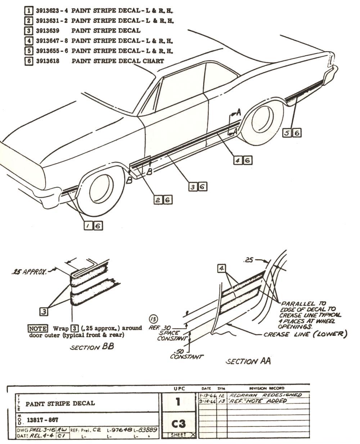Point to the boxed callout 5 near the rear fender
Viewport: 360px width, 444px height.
coord(287,133)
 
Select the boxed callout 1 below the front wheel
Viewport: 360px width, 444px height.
coord(88,226)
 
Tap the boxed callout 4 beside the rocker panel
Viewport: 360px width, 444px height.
coord(237,160)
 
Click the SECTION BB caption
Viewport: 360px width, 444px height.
coord(91,347)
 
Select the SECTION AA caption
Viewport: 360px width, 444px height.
coord(248,361)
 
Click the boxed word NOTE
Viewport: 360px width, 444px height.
coord(38,329)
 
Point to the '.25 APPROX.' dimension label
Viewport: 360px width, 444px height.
coord(28,272)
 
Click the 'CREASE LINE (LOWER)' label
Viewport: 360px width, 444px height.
coord(305,335)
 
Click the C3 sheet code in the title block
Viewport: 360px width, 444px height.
coord(177,423)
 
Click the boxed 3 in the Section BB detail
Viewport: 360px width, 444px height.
coord(44,312)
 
